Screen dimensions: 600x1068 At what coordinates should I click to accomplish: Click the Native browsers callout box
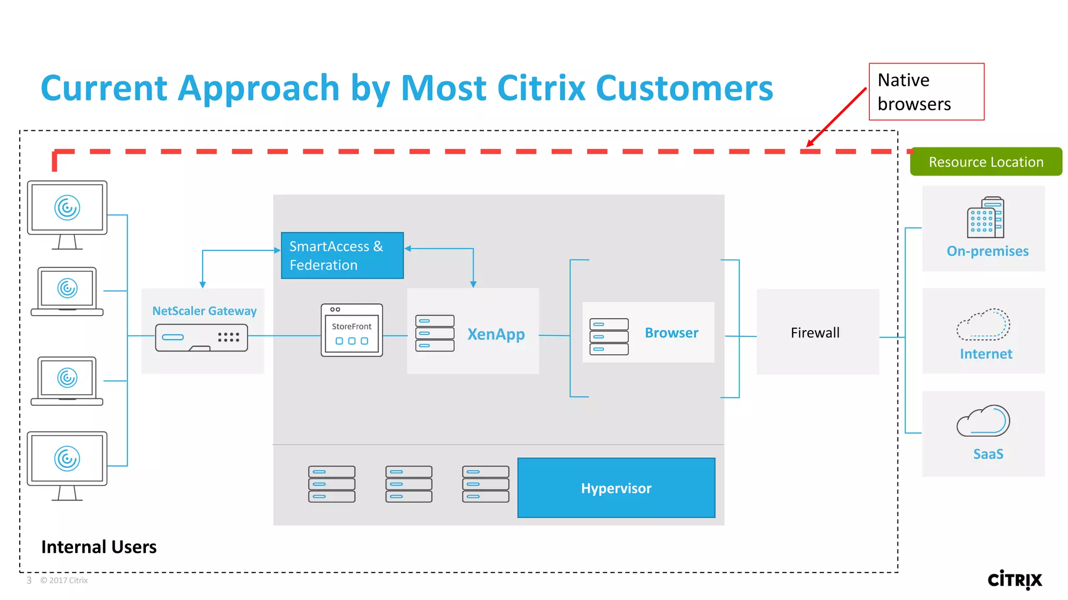point(926,92)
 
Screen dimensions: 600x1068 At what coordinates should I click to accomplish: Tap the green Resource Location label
point(986,162)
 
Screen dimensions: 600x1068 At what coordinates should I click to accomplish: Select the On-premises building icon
point(985,217)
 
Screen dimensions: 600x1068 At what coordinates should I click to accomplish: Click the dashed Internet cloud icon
point(983,325)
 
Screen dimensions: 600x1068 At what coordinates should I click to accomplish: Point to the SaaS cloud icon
point(983,421)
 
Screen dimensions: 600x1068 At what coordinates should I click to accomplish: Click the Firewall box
point(817,332)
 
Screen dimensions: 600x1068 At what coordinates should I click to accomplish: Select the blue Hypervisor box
point(616,488)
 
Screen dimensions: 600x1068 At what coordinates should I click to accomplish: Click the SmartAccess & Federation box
point(342,255)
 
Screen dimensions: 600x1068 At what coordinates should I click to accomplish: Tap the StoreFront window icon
point(352,330)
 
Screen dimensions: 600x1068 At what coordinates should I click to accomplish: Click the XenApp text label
point(496,334)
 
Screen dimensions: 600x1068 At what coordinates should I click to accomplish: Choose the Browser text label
point(671,333)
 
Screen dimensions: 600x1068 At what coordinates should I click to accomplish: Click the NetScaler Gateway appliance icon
point(201,337)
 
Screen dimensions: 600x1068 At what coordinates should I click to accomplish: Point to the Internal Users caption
point(99,547)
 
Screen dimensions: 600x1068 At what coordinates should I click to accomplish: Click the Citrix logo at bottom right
point(1014,580)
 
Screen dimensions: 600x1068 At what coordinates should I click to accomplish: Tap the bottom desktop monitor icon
point(67,465)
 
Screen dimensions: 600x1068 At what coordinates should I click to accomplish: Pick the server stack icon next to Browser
point(609,336)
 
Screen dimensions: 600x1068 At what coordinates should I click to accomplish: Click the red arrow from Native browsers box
point(836,118)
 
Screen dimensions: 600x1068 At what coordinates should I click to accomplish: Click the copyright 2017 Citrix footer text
point(64,580)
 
